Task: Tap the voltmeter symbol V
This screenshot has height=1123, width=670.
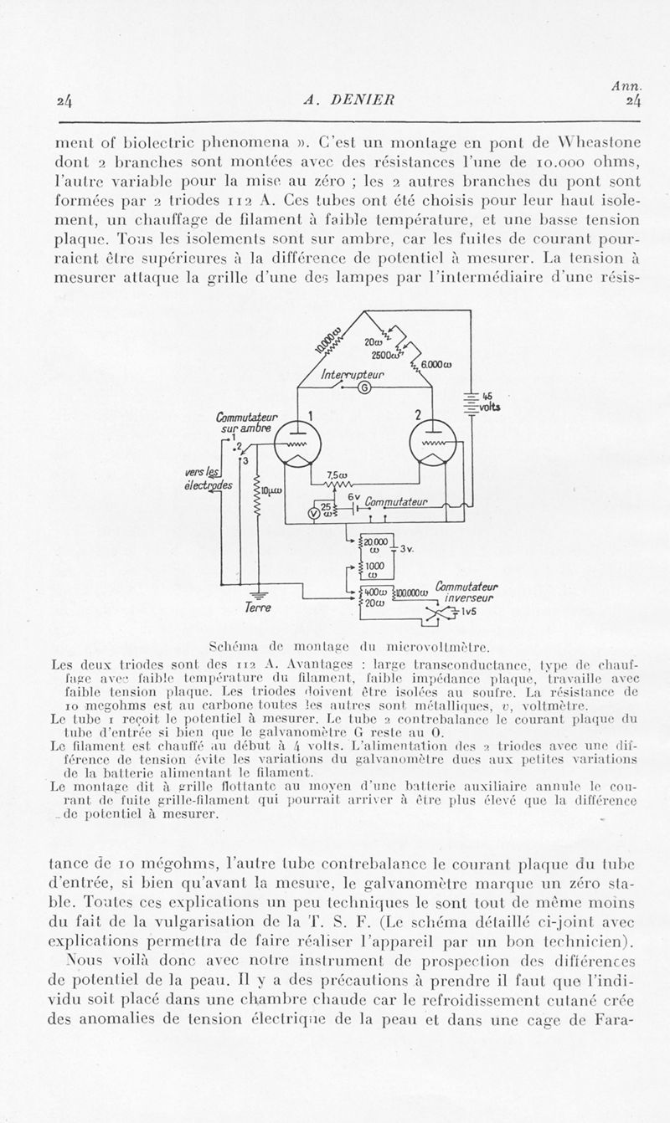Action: tap(315, 514)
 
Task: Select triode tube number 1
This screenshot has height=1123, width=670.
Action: tap(294, 443)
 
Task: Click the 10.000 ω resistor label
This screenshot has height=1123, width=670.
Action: tap(326, 341)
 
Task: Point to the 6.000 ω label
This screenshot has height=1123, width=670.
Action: tap(436, 363)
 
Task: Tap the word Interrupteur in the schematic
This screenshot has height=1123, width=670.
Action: tap(353, 376)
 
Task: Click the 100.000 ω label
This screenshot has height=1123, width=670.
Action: tap(412, 592)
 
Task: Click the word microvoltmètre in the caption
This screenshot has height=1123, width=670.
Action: tap(432, 646)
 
